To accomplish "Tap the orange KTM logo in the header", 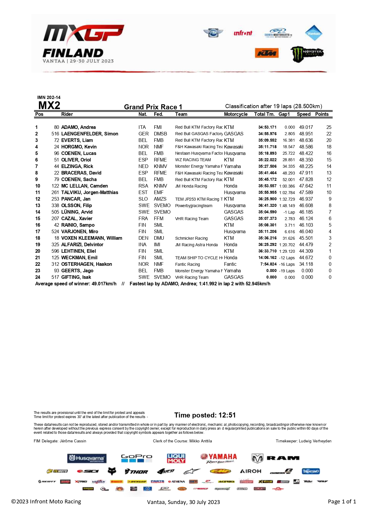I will click(266, 53).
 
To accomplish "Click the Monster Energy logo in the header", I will click(307, 54).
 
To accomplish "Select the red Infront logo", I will click(243, 33).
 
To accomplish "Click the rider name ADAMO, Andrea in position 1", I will click(78, 127).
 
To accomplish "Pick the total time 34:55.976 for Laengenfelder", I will click(267, 134).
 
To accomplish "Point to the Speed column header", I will click(304, 114).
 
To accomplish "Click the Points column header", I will click(322, 114).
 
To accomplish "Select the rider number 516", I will click(55, 134).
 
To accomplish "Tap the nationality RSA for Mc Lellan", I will click(143, 186).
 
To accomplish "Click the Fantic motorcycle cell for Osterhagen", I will click(230, 264).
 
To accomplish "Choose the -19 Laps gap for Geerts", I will click(287, 271).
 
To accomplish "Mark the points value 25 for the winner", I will click(329, 127).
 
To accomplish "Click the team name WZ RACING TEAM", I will click(193, 160).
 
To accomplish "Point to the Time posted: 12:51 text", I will click(205, 415).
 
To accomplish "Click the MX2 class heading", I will click(49, 105).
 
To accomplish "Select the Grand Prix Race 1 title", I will click(153, 107).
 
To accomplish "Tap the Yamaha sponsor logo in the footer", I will click(219, 458).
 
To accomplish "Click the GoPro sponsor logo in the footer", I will click(136, 458).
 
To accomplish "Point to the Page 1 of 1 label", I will click(342, 501).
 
